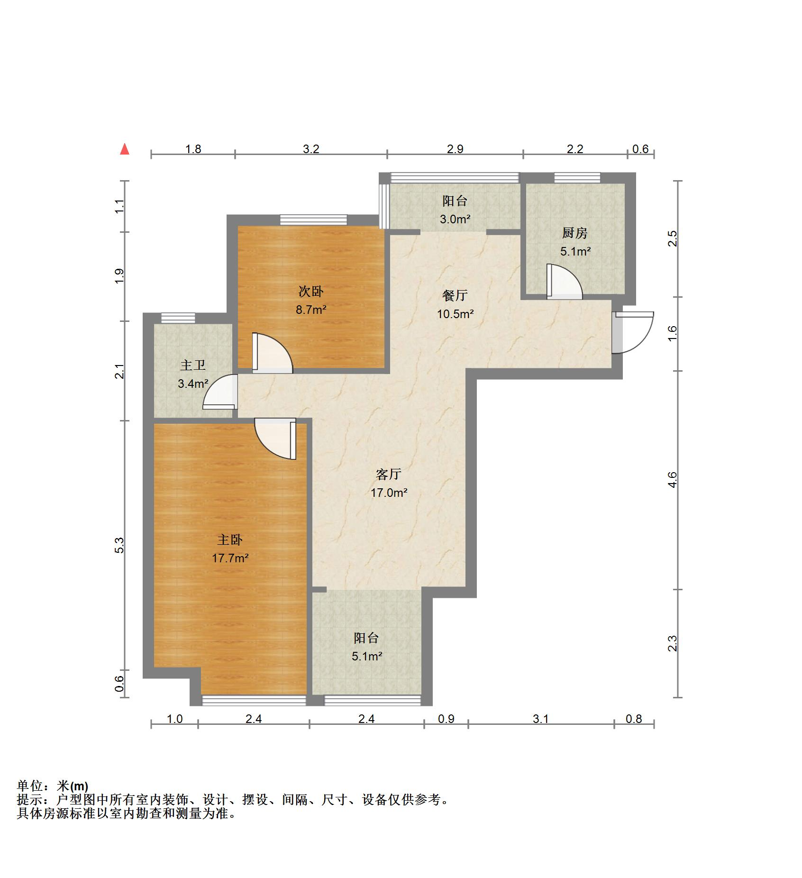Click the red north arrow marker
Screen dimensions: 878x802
pos(125,149)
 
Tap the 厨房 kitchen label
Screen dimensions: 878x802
pos(574,233)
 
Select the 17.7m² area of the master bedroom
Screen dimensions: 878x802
pos(230,558)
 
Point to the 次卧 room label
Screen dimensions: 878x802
pos(311,291)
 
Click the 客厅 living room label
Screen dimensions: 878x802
pos(388,474)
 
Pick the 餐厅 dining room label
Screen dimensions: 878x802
pos(455,296)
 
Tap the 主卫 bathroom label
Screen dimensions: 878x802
pos(193,366)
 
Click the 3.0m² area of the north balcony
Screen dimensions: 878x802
pos(455,219)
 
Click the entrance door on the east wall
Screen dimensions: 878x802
pos(632,332)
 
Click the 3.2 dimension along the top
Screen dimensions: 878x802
pos(311,149)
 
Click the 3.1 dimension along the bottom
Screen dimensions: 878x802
pos(540,719)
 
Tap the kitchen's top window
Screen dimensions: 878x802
pos(577,177)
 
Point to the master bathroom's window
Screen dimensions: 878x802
pos(178,318)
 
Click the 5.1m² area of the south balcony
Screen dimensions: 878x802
pos(367,656)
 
